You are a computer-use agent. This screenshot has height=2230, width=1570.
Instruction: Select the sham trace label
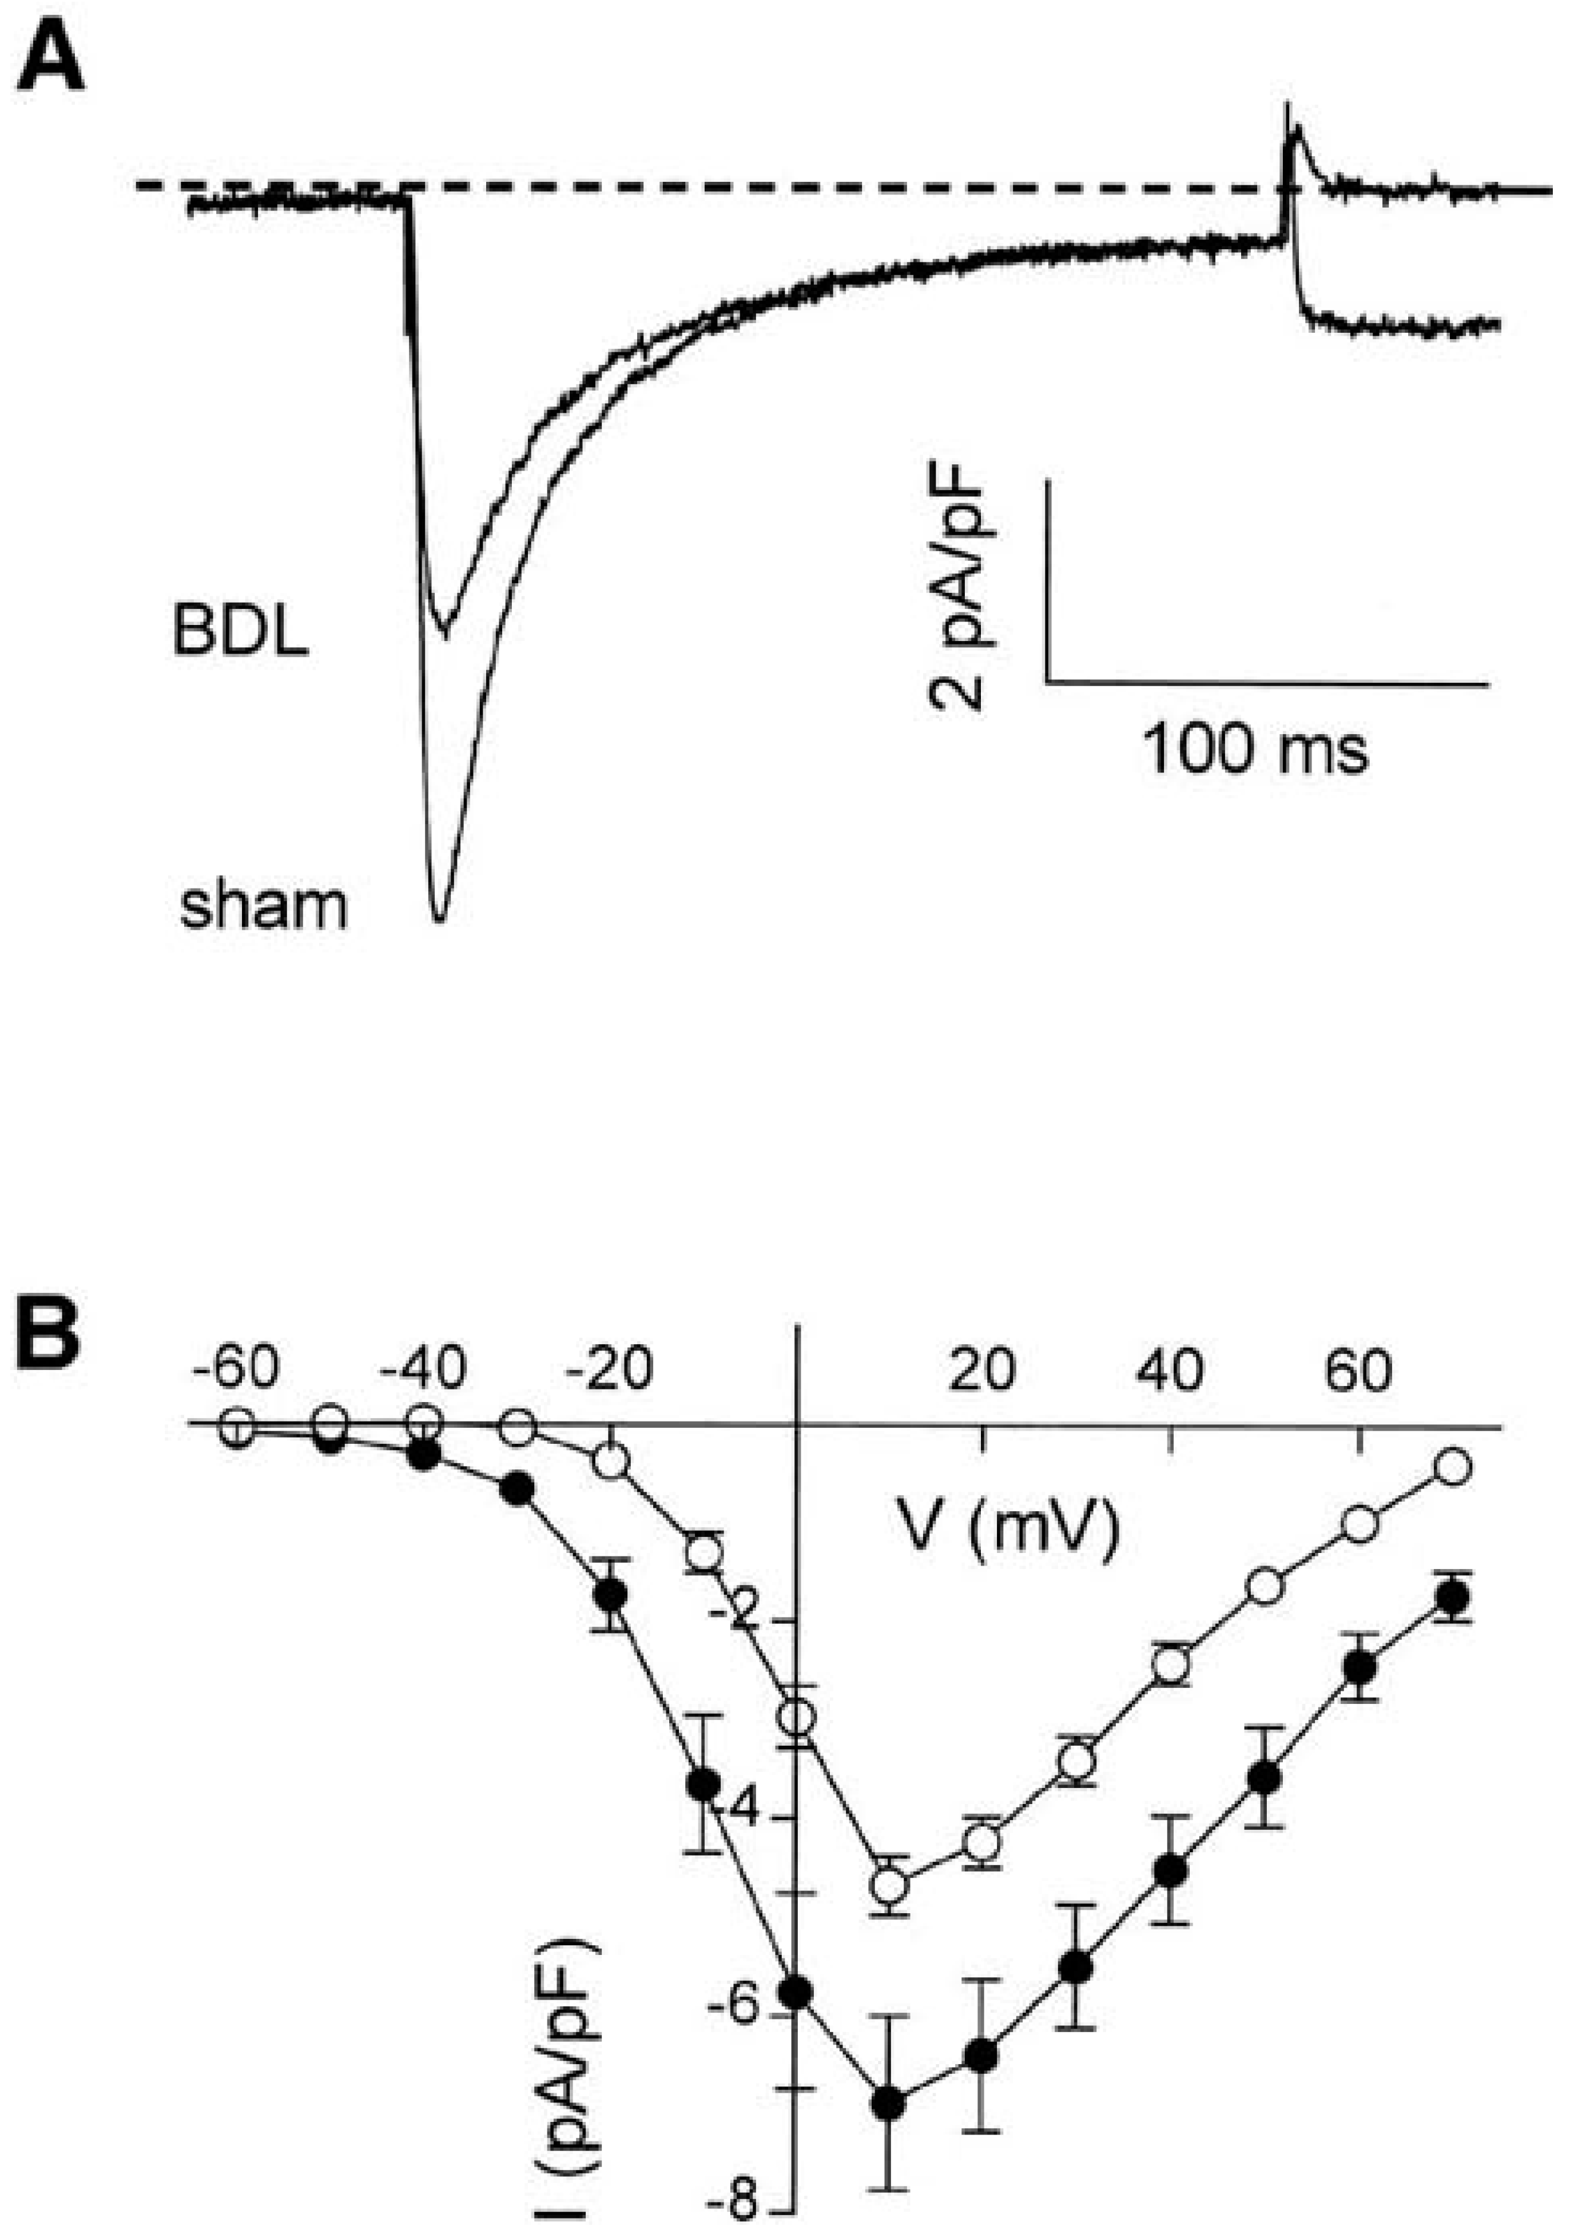point(263,907)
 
